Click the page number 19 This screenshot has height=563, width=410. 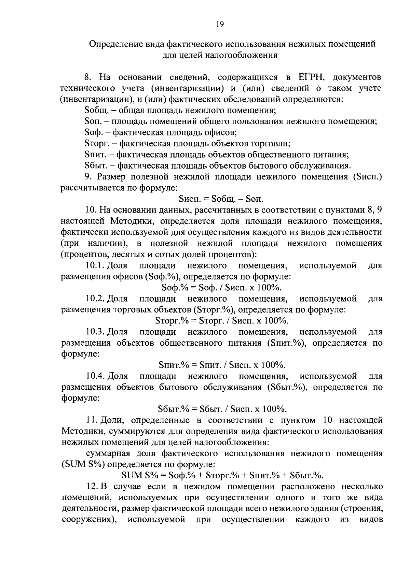(x=219, y=24)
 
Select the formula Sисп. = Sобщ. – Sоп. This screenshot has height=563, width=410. (x=221, y=199)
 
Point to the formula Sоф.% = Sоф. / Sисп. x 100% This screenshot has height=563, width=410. (x=222, y=287)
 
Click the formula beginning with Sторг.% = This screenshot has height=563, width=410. (x=222, y=320)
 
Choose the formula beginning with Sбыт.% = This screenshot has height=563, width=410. (x=222, y=409)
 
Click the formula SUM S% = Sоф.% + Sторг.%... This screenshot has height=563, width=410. (x=222, y=475)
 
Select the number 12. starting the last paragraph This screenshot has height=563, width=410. (x=91, y=487)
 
